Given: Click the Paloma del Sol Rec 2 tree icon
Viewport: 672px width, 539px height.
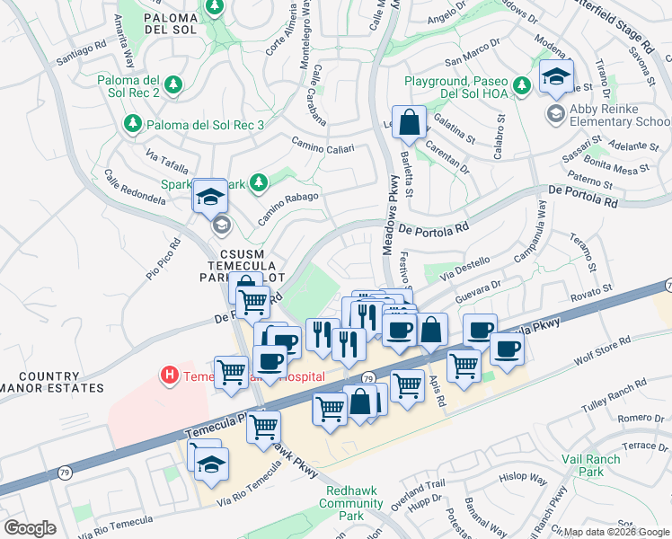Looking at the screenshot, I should (173, 84).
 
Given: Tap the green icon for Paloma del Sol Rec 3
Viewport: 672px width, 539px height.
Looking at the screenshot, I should (133, 122).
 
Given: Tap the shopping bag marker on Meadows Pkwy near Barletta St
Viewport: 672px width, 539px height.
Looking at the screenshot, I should (409, 123).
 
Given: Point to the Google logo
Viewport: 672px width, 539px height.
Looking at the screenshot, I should (31, 527).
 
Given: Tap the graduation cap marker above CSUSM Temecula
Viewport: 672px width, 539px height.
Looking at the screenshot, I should (210, 196).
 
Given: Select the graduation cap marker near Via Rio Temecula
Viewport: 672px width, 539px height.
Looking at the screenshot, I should (212, 464).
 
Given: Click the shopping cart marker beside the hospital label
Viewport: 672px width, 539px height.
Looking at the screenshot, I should (232, 369).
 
